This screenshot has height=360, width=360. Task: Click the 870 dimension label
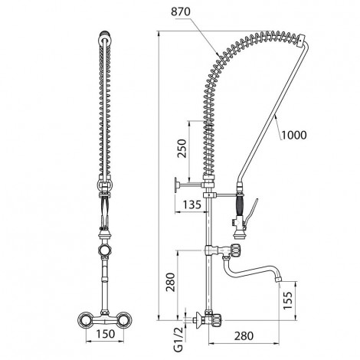(x=181, y=11)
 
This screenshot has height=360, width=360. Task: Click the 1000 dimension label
(x=294, y=135)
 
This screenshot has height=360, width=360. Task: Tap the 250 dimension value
(x=182, y=149)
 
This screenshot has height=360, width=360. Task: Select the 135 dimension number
(x=192, y=205)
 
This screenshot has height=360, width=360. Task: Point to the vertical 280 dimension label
(x=170, y=282)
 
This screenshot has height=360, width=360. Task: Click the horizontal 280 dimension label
(x=244, y=336)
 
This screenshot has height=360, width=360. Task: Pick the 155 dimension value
(x=288, y=300)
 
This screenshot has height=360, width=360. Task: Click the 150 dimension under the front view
(x=106, y=334)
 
